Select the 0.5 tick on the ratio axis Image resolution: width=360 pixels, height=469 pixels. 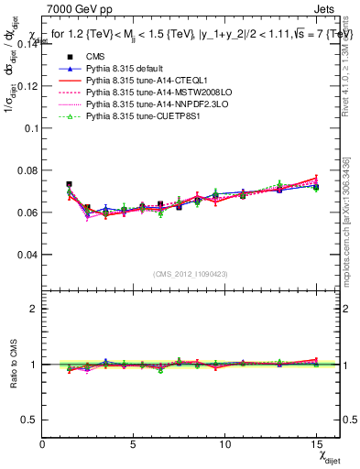click(29, 419)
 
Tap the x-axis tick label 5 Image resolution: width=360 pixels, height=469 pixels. click(135, 444)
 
